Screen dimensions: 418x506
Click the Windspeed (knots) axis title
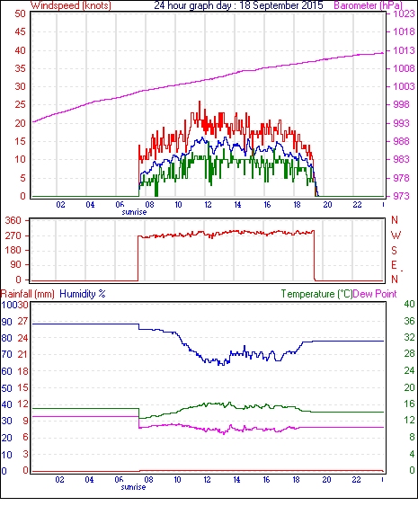pos(71,5)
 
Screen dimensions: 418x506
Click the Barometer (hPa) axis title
pos(369,5)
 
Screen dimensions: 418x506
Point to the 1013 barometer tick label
pos(404,50)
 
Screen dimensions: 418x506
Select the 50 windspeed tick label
pos(20,13)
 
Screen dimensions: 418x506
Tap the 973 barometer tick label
pos(401,196)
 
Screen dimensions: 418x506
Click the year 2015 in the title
pos(312,5)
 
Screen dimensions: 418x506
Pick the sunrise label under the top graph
pos(134,212)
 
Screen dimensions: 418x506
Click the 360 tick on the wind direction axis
pos(13,221)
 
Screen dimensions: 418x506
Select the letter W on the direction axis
pos(396,235)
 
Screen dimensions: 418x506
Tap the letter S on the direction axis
pos(394,250)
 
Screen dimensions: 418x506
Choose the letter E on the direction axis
pos(394,265)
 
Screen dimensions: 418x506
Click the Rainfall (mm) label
pos(28,294)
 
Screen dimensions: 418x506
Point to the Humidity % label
pos(83,294)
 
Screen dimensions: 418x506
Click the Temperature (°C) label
pos(316,294)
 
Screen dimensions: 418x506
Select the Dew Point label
pos(375,294)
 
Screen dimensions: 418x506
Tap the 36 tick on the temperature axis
pos(409,321)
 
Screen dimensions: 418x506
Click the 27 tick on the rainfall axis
pos(22,321)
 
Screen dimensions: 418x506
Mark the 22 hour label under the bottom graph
pos(356,480)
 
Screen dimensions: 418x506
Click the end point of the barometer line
pos(383,53)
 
